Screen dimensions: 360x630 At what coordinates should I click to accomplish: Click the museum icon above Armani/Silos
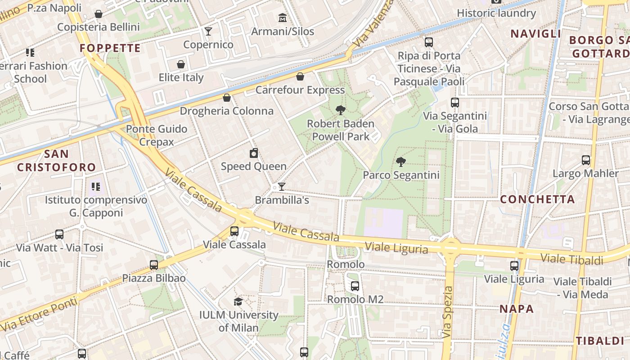(282, 18)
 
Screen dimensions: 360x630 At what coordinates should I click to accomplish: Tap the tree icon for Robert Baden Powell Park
(341, 110)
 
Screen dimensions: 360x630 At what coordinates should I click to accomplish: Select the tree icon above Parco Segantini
(400, 162)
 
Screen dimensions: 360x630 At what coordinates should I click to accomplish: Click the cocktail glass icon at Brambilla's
(282, 186)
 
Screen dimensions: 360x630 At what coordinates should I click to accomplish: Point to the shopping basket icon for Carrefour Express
(300, 76)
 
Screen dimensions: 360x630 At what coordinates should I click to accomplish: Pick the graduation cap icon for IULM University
(238, 301)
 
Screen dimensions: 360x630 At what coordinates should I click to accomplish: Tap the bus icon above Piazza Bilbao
(154, 265)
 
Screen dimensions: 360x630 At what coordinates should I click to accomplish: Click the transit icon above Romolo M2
(355, 286)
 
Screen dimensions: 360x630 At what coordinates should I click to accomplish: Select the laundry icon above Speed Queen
(254, 153)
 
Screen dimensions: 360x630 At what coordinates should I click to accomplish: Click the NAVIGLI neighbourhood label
(535, 34)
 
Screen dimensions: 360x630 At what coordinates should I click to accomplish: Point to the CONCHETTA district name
(537, 199)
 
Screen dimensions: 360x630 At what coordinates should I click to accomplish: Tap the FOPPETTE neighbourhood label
(110, 48)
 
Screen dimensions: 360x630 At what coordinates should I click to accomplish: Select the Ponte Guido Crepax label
(157, 135)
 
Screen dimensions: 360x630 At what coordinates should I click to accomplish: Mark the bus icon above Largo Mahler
(586, 160)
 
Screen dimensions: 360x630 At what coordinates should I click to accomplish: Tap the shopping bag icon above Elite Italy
(181, 64)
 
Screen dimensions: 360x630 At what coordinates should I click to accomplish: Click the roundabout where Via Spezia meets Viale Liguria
(450, 247)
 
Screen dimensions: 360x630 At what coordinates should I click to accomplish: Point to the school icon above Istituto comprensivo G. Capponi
(95, 186)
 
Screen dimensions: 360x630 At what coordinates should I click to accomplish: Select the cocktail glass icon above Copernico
(208, 31)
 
